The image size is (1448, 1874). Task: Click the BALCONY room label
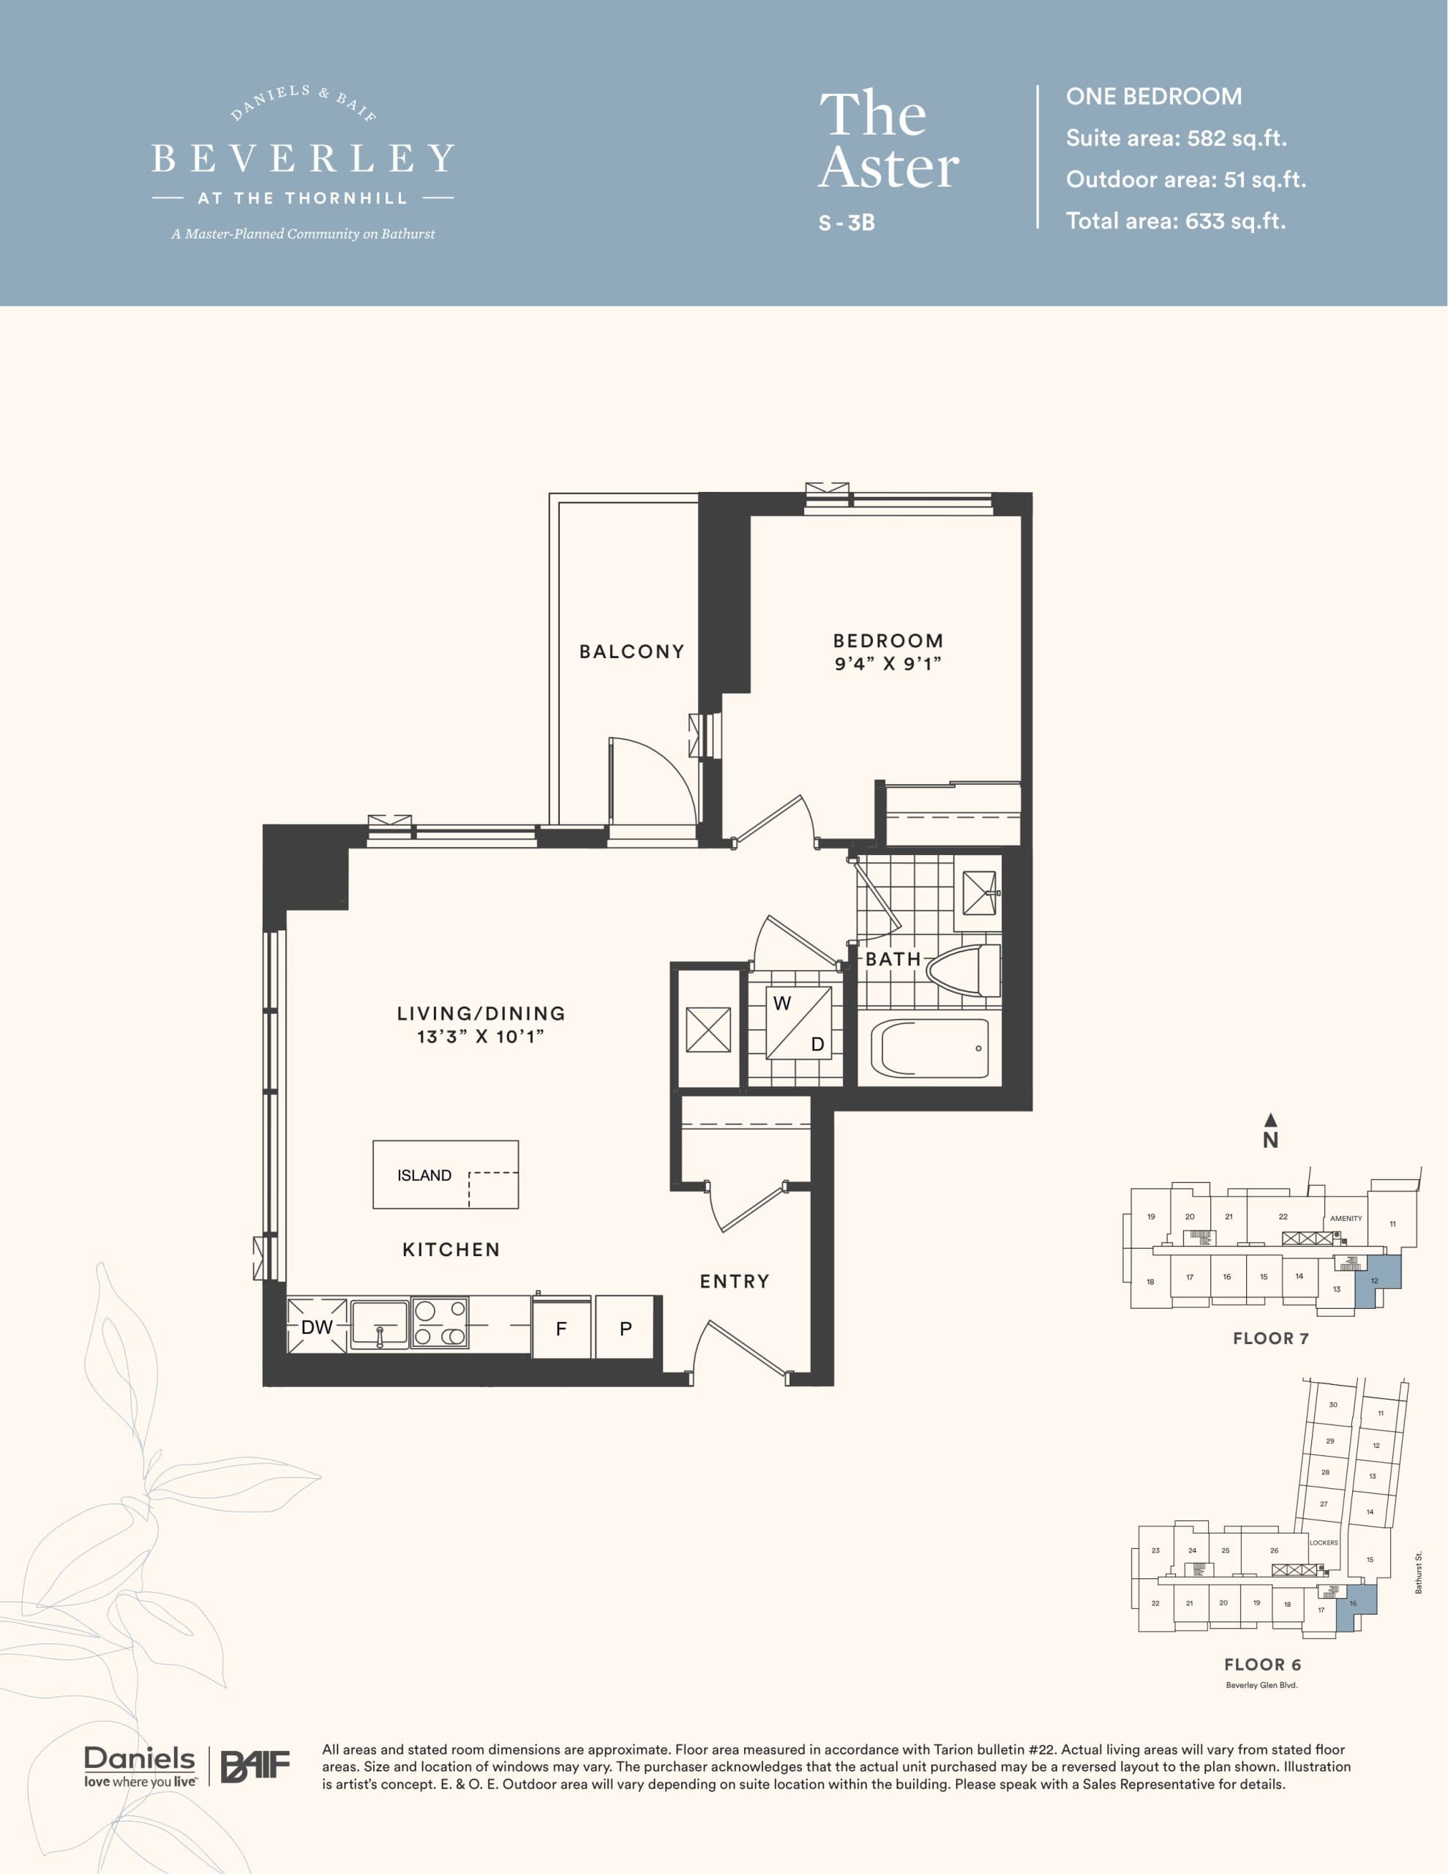click(x=631, y=652)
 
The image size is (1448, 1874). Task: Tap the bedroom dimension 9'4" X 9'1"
click(x=888, y=663)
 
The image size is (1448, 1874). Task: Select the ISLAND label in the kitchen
click(x=424, y=1176)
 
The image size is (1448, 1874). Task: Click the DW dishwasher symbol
click(x=317, y=1326)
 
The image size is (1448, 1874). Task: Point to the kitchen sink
click(x=379, y=1325)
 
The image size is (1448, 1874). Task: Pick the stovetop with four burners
click(x=439, y=1322)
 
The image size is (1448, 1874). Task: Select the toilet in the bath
click(x=965, y=971)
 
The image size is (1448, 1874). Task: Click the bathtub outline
click(x=930, y=1048)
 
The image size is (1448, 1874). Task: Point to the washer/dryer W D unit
click(x=798, y=1023)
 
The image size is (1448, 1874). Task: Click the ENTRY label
click(x=735, y=1281)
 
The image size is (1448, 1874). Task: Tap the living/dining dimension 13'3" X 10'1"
click(x=481, y=1037)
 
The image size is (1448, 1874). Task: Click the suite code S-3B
click(x=846, y=223)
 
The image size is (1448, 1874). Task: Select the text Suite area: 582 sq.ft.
click(x=1175, y=138)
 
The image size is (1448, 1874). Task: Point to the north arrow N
click(x=1270, y=1132)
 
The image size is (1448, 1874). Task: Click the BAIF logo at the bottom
click(x=255, y=1766)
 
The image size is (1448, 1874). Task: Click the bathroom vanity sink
click(x=979, y=893)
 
